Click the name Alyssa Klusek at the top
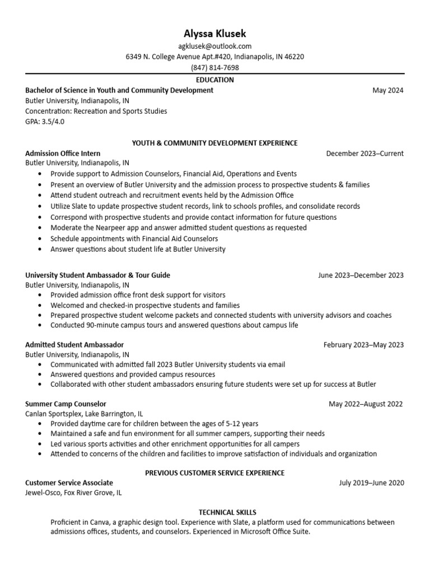(215, 33)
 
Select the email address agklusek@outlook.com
(215, 47)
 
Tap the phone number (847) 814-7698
(215, 68)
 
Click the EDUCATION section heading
(215, 80)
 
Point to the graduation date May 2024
(387, 90)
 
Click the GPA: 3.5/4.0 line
(45, 122)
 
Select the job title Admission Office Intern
(63, 154)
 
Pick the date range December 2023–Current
(364, 154)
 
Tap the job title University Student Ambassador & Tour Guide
(97, 275)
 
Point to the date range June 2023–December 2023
(361, 275)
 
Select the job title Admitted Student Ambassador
(74, 345)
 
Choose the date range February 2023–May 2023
(363, 345)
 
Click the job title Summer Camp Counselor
(66, 404)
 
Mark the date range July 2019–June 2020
(371, 483)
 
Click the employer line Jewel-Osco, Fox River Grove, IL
(73, 493)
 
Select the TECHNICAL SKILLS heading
(227, 512)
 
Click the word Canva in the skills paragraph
(94, 522)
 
